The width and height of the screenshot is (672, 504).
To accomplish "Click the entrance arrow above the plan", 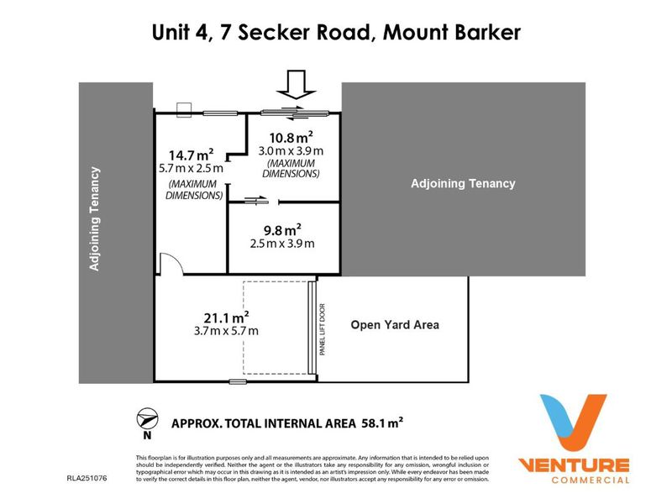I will (x=297, y=84).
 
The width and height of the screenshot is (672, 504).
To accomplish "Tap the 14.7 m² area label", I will (x=191, y=155).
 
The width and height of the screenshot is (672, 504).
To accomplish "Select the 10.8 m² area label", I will (x=291, y=136).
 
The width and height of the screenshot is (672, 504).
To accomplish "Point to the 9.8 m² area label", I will (x=281, y=229).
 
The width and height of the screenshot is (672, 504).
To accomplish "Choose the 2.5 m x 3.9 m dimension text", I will (x=281, y=244).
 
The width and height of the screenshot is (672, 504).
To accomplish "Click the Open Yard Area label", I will (x=394, y=325).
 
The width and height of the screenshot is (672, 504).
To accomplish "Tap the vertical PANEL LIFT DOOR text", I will (x=322, y=329).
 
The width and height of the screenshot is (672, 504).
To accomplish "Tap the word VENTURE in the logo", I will (x=573, y=465).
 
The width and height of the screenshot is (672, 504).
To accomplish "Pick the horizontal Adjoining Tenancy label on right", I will (x=462, y=183).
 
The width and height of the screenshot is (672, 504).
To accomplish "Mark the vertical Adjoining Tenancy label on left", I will (x=94, y=220).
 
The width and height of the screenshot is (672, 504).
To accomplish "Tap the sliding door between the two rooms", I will (x=256, y=200).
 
